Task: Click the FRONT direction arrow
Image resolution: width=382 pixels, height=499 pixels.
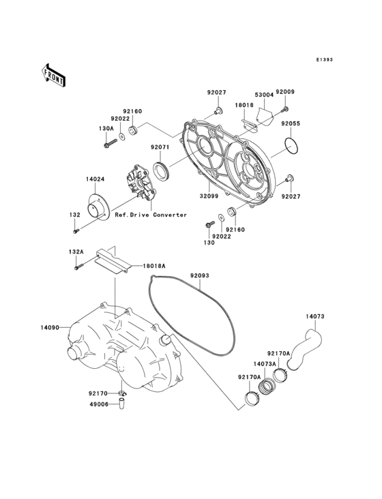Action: (54, 74)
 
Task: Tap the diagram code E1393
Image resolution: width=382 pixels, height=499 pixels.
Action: (324, 60)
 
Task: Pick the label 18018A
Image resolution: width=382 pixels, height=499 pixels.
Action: (154, 266)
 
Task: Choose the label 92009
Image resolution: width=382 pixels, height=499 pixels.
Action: (286, 91)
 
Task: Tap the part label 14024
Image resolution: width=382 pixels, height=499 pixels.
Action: (95, 180)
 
